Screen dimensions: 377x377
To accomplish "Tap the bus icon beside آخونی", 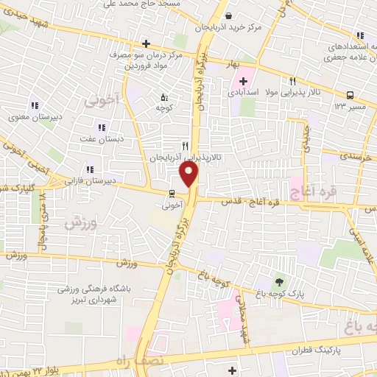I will point(172,194).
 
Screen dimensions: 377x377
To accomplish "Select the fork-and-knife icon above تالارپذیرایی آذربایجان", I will point(186,145).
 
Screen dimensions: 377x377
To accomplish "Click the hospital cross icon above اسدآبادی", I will point(244,80).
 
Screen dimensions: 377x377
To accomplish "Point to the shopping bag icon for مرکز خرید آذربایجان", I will point(230,15).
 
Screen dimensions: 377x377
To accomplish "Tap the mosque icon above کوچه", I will point(164,96).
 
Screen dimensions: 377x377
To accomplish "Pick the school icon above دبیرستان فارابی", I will point(91,169).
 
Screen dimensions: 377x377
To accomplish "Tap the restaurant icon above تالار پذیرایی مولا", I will point(292,82).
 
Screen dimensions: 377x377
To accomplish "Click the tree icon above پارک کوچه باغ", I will point(278,281).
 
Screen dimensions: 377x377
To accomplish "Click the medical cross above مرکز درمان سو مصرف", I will point(147,43).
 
